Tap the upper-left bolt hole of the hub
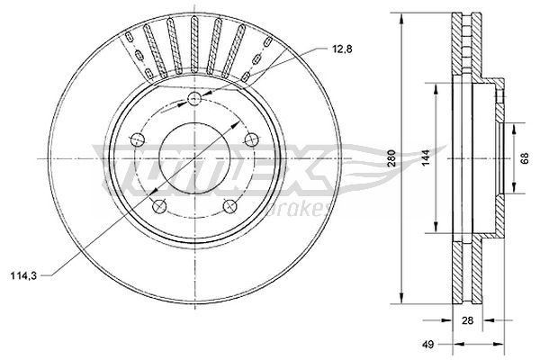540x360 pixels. point(139,139)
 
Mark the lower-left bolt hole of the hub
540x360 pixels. point(160,206)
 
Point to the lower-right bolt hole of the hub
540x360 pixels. point(231,205)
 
